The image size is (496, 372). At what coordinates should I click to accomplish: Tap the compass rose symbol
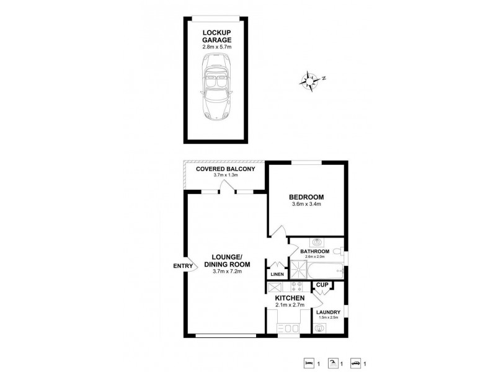310,80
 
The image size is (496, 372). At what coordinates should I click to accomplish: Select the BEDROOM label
306,198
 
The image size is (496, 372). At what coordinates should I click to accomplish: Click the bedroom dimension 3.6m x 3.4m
306,207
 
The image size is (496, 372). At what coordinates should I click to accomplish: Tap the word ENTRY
183,266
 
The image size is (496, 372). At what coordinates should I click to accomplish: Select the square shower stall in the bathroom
299,270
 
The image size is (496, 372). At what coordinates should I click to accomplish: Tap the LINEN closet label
276,273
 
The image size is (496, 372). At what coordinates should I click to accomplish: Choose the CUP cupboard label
322,285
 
